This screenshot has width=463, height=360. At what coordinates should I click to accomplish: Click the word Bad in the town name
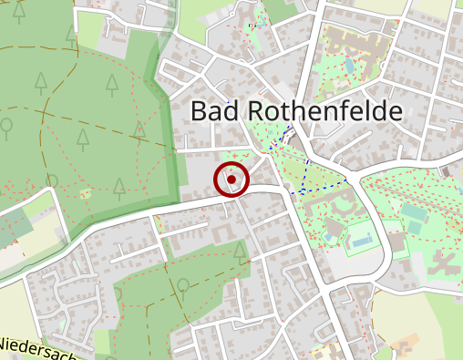coord(216,112)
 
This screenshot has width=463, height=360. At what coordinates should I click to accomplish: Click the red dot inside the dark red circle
coord(232,180)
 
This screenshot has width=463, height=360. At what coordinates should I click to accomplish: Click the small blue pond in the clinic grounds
coord(350,66)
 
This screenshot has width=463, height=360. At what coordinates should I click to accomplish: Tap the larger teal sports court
coord(415,212)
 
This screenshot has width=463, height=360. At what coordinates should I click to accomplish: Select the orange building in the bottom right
coord(399,346)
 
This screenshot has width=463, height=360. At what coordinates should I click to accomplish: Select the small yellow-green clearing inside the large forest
coord(87,193)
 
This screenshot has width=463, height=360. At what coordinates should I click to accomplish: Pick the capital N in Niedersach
coord(6,345)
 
